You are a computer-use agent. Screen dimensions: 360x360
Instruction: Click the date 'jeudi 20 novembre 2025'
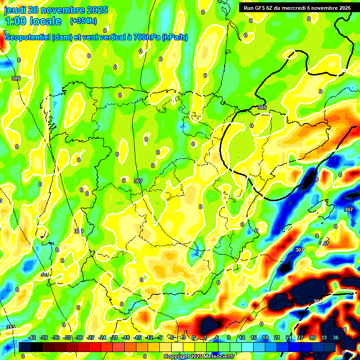[56, 10]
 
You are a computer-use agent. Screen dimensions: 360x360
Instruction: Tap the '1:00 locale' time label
[33, 21]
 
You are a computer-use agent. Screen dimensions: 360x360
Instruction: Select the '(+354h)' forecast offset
[83, 21]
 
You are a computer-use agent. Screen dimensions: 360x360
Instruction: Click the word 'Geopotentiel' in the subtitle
[27, 37]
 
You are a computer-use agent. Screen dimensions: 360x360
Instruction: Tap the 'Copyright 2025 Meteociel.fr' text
[199, 356]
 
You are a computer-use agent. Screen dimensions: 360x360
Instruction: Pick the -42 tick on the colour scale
[32, 337]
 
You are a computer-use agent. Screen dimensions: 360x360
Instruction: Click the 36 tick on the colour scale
[335, 337]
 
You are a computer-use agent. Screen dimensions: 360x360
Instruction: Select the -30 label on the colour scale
[79, 337]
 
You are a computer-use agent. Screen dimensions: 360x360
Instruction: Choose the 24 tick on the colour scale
[288, 337]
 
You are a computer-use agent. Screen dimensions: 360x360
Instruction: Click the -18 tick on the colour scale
[126, 337]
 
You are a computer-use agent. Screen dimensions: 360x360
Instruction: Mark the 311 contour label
[45, 275]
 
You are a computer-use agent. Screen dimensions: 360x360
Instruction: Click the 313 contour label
[10, 327]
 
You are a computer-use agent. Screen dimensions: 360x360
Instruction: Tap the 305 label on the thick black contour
[262, 108]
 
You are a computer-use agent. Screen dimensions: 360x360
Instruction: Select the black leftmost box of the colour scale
[25, 347]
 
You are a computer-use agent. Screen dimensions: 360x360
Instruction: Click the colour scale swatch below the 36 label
[330, 347]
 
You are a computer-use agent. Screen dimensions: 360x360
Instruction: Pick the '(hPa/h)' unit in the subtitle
[174, 37]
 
